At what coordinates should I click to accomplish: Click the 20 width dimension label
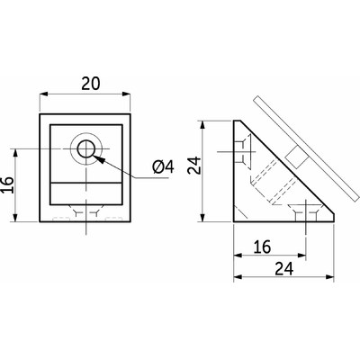90,84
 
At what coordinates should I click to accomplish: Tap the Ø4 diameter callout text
163,166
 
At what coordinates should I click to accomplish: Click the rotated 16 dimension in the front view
8,184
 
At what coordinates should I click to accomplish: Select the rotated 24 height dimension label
193,165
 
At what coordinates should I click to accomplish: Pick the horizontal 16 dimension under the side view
262,247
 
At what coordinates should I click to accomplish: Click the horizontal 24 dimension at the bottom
284,269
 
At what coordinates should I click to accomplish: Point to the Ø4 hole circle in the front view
86,149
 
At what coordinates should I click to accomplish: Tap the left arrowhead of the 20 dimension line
44,94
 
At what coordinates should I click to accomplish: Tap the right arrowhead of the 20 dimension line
126,94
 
